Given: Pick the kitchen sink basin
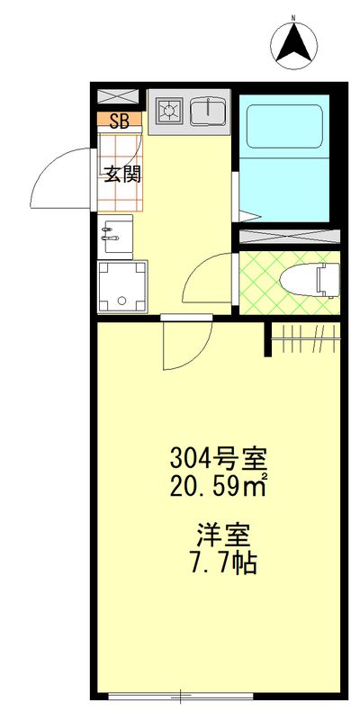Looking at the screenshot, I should tap(209, 112).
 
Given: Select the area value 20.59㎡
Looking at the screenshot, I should tap(219, 487).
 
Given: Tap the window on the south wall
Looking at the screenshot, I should tap(181, 696).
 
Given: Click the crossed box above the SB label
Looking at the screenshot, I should tap(119, 97).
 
